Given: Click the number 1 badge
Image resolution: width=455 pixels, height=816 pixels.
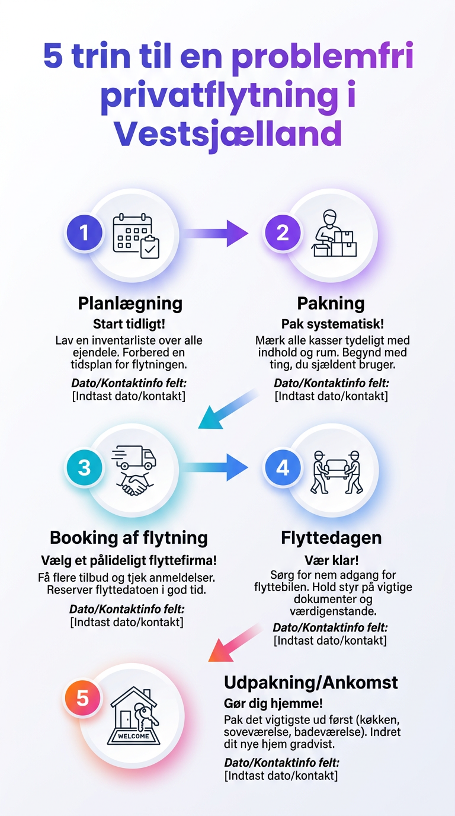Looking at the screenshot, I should point(85,232).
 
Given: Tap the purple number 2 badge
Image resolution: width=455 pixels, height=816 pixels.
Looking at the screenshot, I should point(283,232).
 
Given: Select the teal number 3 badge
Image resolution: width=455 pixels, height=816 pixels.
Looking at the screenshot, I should point(85,467).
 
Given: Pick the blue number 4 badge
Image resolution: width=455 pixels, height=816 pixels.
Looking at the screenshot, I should point(283,467).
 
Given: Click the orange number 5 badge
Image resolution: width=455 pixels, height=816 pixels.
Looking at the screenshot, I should point(82,697).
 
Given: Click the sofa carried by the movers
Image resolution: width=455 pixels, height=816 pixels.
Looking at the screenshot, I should point(336,468).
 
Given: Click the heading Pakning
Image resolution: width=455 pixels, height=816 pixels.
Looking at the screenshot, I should point(331,303).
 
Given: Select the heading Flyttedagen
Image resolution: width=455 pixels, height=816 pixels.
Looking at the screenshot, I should point(331,538).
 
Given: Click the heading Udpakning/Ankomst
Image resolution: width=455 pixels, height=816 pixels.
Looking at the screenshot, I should point(310,682).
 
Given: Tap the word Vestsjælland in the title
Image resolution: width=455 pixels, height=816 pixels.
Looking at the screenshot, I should point(228,135).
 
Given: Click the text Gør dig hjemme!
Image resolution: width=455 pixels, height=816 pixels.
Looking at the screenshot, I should point(274,703).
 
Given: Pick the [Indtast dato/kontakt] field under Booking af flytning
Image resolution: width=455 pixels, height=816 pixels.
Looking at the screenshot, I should point(126,622).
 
